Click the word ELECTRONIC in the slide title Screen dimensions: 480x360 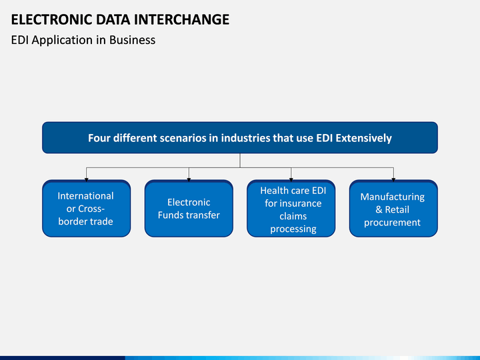[51, 19]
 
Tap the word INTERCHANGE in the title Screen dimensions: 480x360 [181, 19]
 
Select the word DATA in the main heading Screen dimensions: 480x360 [113, 19]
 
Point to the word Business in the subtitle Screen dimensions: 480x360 [132, 40]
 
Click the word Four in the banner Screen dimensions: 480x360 [99, 138]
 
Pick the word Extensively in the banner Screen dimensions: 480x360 [364, 139]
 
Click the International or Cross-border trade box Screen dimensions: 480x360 [86, 209]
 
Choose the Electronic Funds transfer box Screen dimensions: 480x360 [189, 209]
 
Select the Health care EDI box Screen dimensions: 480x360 [291, 209]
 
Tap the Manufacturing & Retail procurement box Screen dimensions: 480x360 [393, 209]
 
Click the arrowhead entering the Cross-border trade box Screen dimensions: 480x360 [86, 180]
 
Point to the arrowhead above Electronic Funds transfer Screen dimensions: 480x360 [189, 180]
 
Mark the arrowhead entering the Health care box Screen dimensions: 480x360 [291, 180]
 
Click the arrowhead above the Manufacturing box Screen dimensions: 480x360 [393, 180]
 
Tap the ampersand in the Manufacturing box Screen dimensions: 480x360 [379, 210]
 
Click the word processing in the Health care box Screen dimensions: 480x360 [293, 229]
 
